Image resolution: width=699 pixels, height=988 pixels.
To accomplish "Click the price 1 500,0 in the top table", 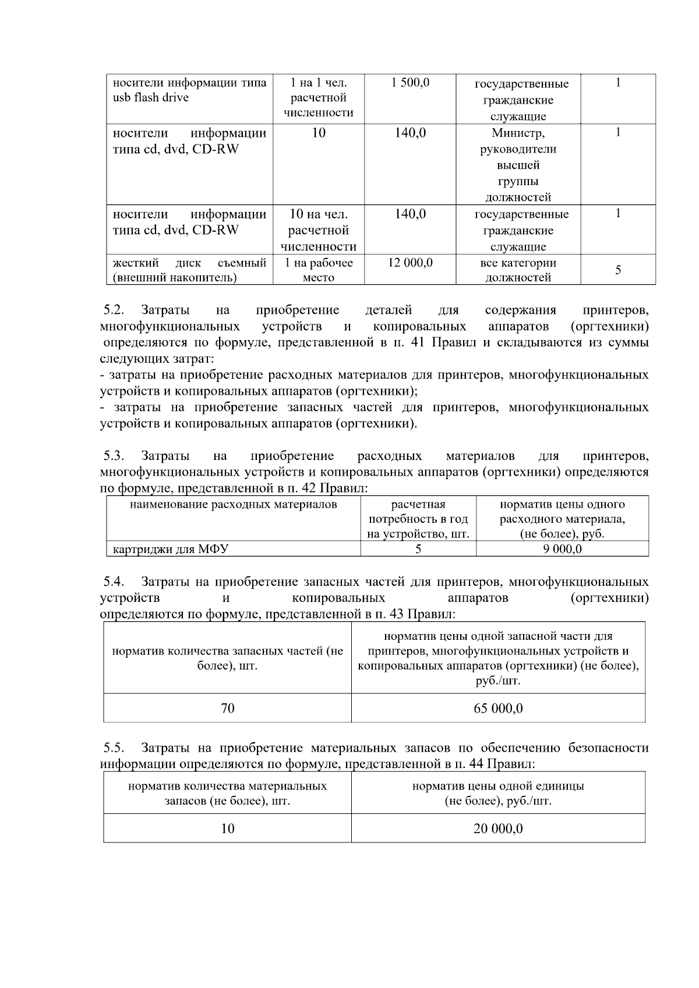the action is [x=410, y=83].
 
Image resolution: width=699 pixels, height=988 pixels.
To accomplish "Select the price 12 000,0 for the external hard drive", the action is [x=410, y=263].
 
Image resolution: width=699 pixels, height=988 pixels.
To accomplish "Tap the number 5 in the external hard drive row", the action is [x=618, y=270].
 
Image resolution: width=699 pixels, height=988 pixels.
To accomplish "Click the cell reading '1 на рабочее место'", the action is [x=319, y=270].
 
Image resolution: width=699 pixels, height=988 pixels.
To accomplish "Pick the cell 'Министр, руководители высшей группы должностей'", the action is [x=518, y=165].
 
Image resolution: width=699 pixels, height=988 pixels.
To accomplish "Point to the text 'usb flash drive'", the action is [x=151, y=98].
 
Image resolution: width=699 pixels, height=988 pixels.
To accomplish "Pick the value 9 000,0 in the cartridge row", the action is [x=562, y=549].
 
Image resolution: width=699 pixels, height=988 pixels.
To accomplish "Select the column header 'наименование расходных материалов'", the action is [x=233, y=505].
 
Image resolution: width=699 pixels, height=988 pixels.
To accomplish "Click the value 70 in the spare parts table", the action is [x=228, y=709].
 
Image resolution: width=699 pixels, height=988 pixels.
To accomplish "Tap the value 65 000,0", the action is [x=498, y=709].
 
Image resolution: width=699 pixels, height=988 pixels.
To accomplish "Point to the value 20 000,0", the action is [x=498, y=828].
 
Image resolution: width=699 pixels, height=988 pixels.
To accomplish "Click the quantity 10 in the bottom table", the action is [x=228, y=828].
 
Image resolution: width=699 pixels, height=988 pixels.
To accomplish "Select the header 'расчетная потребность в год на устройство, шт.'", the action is [x=418, y=519].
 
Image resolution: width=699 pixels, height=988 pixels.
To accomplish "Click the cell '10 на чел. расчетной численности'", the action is [x=319, y=231].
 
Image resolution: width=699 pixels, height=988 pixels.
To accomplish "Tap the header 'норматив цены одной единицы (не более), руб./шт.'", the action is [x=498, y=794].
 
